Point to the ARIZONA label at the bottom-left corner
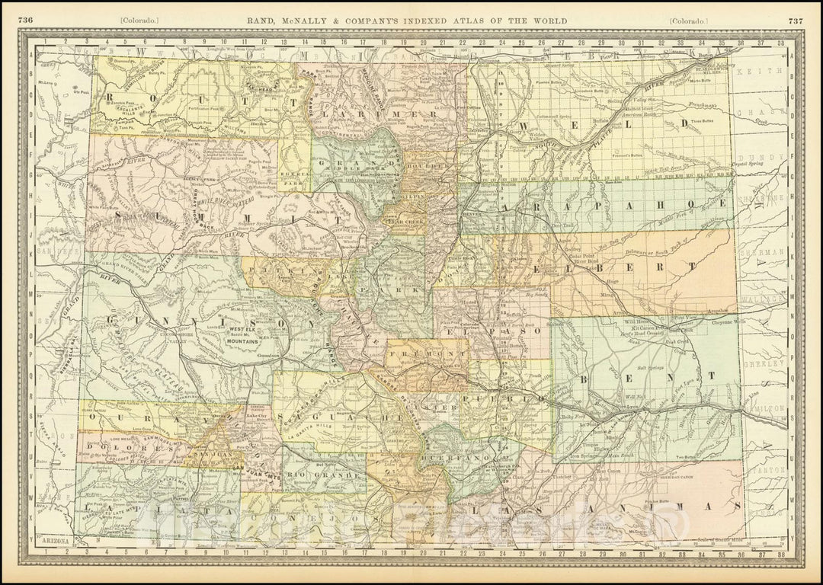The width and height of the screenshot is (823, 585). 57,541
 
